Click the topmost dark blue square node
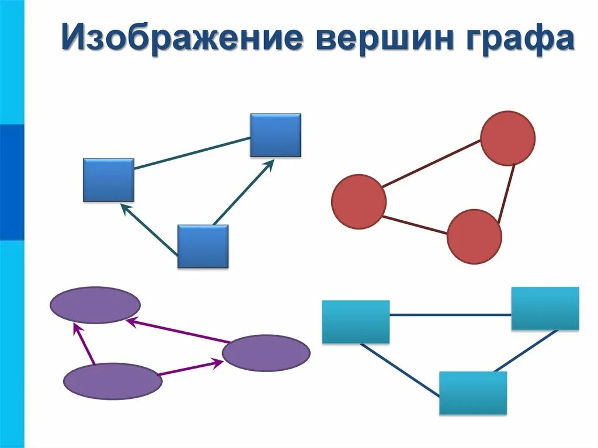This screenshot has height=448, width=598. point(276,135)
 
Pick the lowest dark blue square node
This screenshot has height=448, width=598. point(203,246)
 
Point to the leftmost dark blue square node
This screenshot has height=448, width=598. point(109,180)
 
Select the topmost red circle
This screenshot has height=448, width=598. point(507,137)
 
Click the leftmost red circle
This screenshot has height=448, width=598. point(359,202)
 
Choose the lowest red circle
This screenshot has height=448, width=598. point(474,237)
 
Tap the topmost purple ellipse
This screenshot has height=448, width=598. point(95,305)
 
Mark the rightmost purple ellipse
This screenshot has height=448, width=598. point(266,353)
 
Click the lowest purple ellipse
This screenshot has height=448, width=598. point(112,381)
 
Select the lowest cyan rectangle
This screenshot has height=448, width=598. point(473,393)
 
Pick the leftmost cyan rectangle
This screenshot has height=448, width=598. point(356,322)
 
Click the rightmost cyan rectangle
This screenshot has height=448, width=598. point(545,308)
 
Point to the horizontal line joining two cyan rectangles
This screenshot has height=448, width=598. point(450,315)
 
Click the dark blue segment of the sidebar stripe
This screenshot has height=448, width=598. point(12,182)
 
